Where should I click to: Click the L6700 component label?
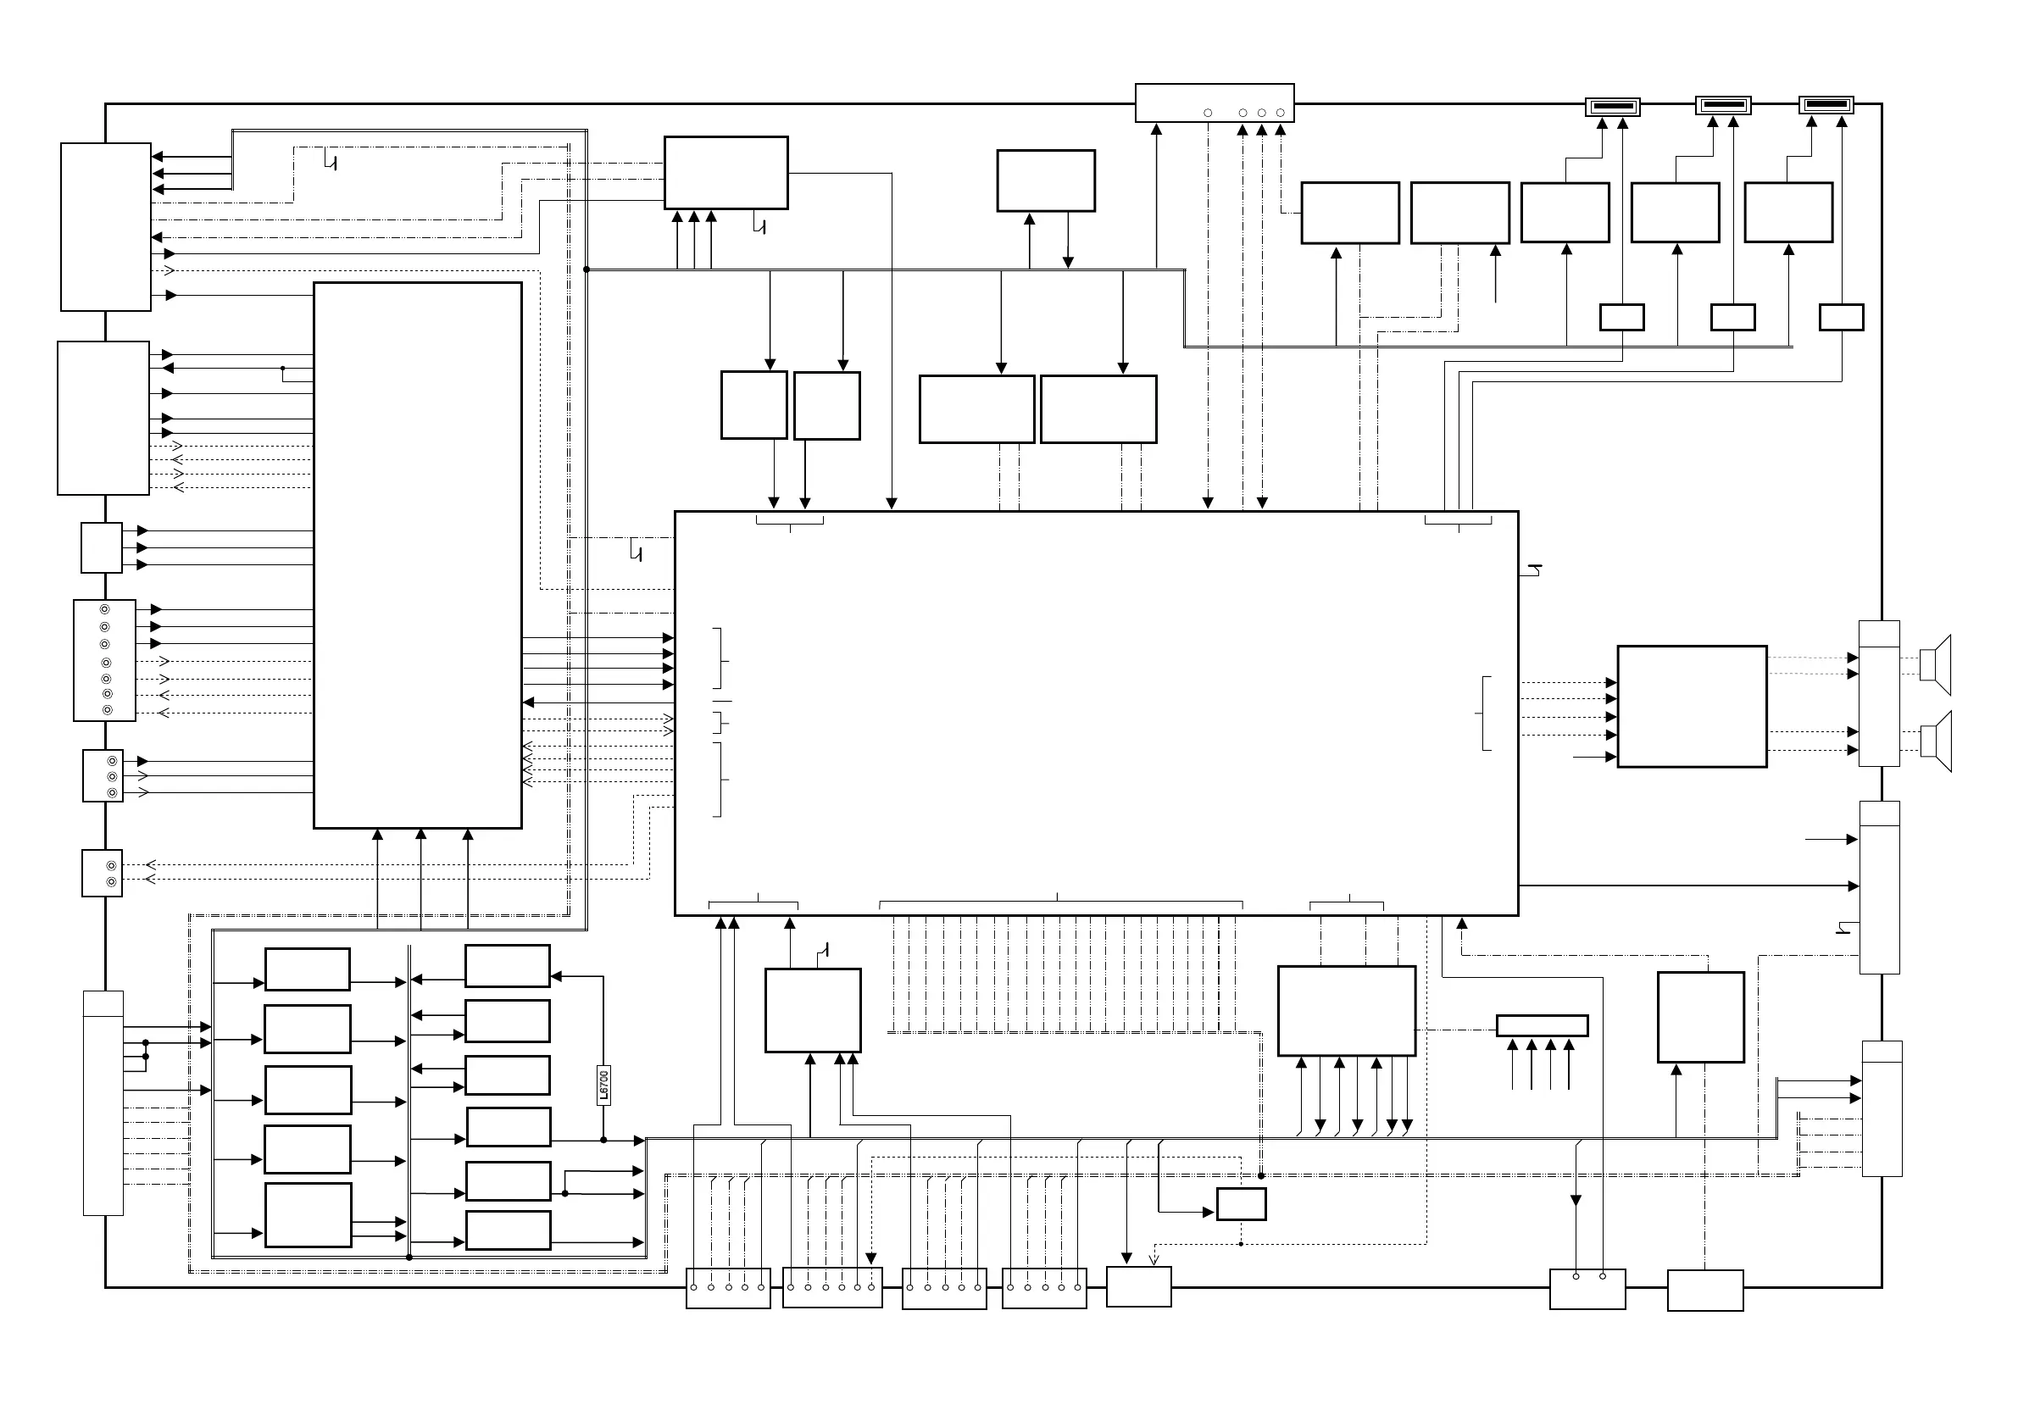coord(603,1085)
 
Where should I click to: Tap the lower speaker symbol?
coord(1936,740)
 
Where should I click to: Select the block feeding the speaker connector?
coord(1691,707)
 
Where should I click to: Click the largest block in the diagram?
coord(1095,713)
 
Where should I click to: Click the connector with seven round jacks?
coord(104,660)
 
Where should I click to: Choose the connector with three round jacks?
coord(103,776)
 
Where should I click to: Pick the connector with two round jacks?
coord(102,874)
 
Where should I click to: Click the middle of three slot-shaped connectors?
coord(1723,106)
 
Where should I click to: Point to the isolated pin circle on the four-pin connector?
coord(1208,113)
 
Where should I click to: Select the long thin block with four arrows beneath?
coord(1542,1025)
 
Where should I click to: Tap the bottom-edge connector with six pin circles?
coord(831,1287)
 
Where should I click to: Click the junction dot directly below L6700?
coord(603,1140)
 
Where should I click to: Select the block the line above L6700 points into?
coord(507,966)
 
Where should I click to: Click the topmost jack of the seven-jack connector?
coord(104,610)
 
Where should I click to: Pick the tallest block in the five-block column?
coord(308,1214)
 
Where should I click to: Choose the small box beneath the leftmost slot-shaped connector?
coord(1621,317)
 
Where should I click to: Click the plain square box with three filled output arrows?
coord(101,547)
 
